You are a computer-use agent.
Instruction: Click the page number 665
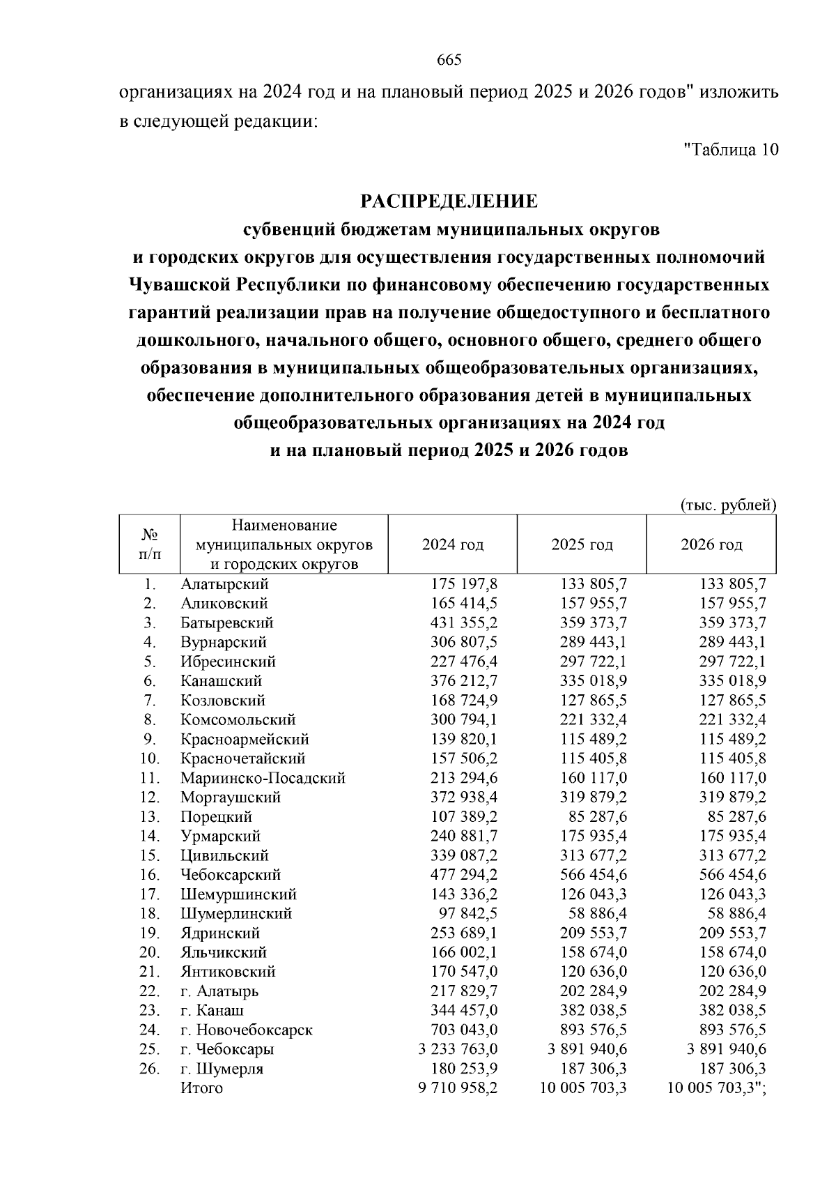449,60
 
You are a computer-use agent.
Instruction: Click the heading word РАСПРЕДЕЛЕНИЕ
449,201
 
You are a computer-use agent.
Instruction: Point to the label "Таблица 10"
731,149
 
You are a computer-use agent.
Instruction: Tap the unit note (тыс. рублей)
727,505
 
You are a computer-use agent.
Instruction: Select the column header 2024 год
453,544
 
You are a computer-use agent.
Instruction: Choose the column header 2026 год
711,544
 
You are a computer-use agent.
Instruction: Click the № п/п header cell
149,544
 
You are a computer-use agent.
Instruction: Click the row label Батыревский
226,623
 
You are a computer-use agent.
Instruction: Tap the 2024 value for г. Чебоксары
458,1049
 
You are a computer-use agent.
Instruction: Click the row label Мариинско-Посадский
263,778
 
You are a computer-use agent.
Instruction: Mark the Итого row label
201,1088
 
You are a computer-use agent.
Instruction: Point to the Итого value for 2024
458,1088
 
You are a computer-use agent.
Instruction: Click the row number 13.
150,816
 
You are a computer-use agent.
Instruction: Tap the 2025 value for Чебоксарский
594,874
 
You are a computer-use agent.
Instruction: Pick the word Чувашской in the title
178,285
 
